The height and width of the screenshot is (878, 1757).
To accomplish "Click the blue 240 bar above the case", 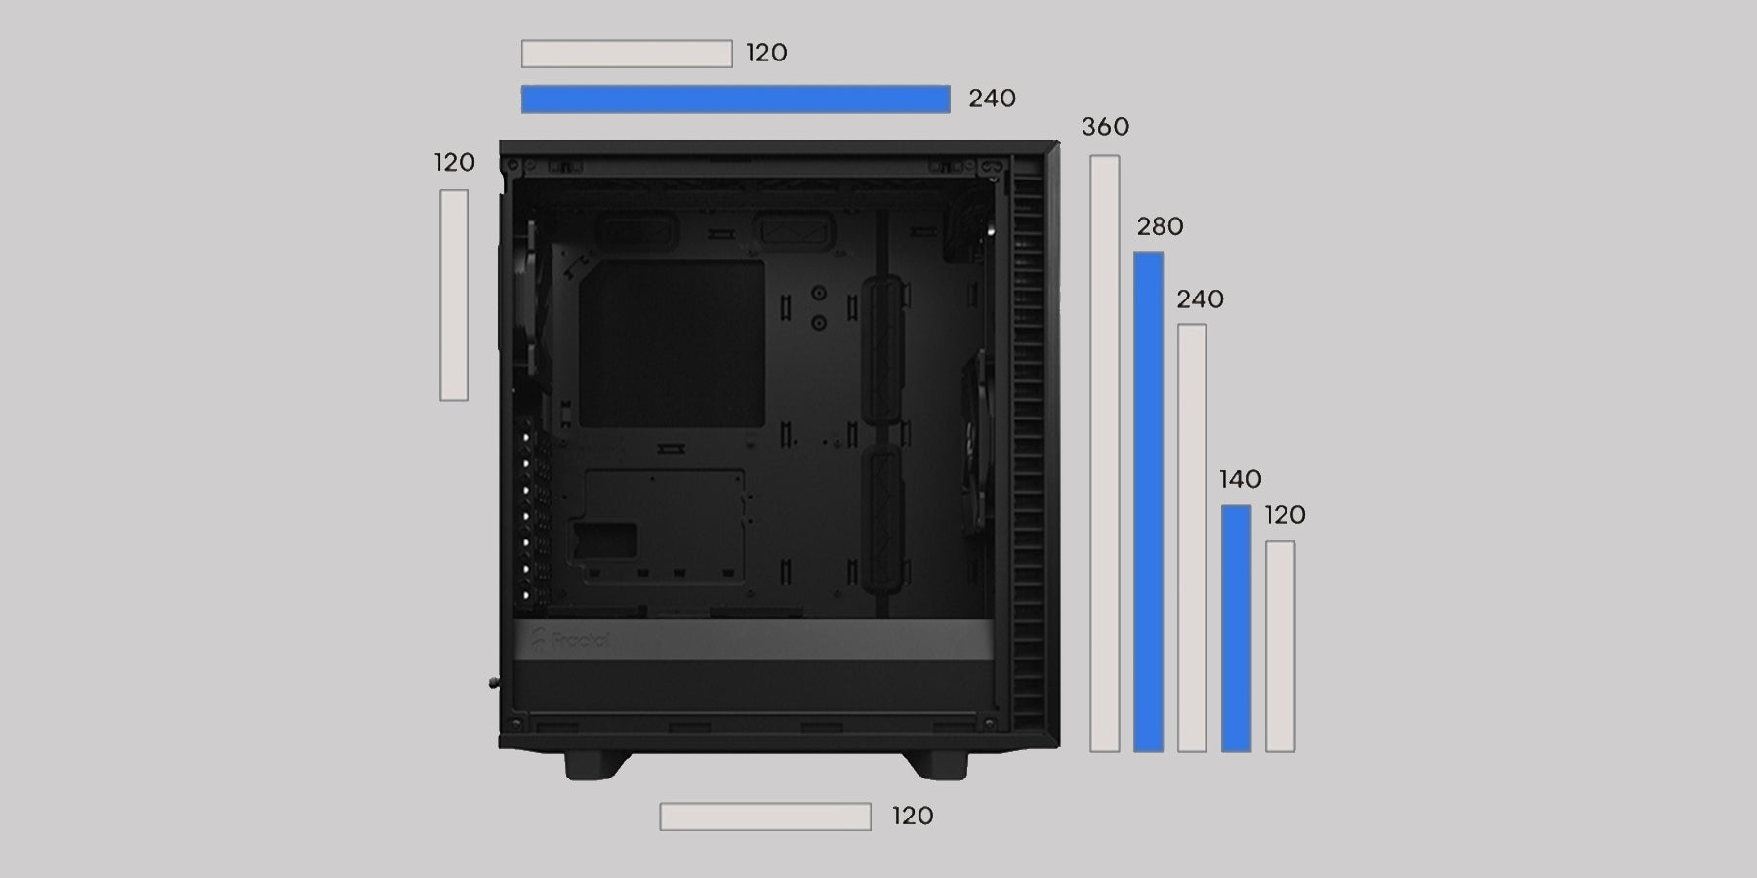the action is click(x=735, y=99).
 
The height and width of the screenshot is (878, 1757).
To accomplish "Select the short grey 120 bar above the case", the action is click(x=627, y=54).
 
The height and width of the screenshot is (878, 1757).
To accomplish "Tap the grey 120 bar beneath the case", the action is click(x=765, y=817).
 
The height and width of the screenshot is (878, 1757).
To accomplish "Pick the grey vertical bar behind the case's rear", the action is click(x=454, y=295).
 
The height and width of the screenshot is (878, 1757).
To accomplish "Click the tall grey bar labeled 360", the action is click(x=1105, y=454).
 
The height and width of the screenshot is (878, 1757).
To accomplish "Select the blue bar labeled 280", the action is click(x=1148, y=501).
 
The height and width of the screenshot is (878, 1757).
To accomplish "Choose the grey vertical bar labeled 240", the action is click(x=1192, y=538).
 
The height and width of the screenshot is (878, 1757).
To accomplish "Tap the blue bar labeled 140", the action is click(x=1236, y=628).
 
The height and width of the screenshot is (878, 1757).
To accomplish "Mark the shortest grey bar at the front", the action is click(x=1281, y=647).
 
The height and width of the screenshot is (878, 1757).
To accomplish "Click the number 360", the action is click(x=1105, y=127).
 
